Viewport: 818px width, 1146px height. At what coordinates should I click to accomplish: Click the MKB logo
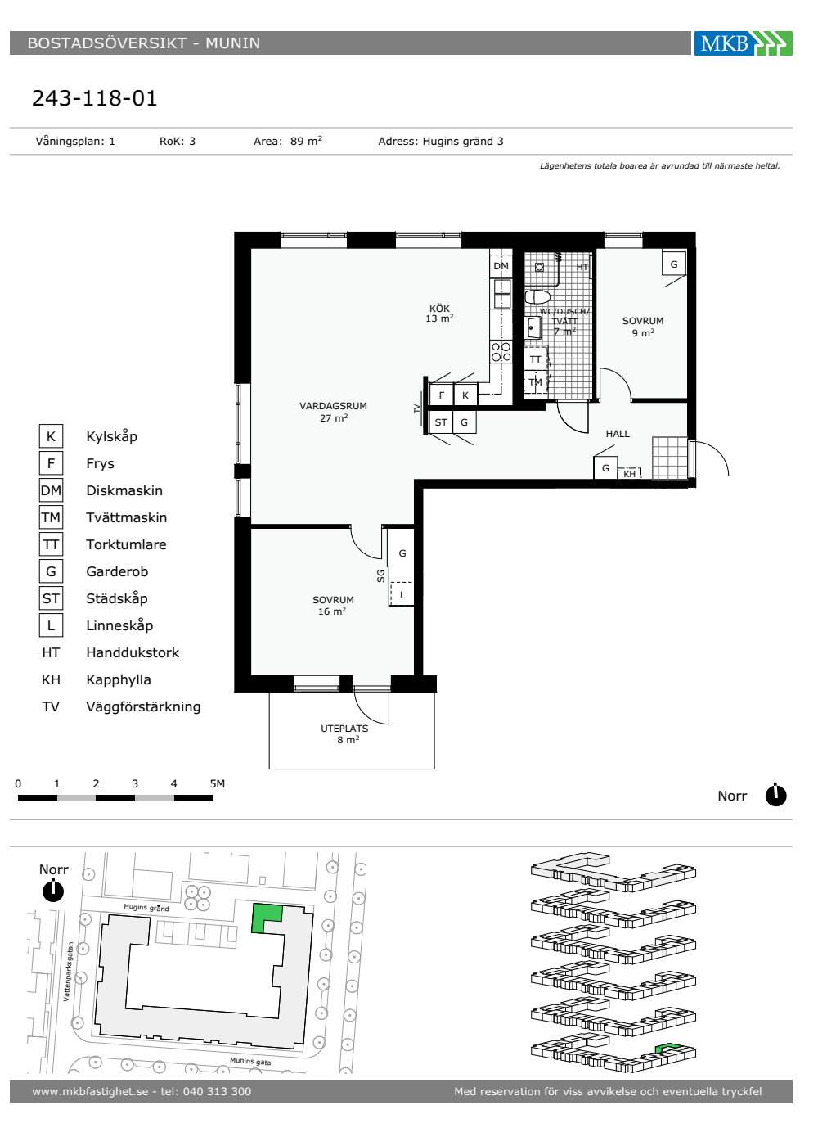coord(743,43)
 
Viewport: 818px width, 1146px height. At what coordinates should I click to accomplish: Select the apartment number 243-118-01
coord(95,97)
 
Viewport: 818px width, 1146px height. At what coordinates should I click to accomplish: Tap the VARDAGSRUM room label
coord(334,406)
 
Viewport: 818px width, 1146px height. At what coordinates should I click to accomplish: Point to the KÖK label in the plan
coord(439,308)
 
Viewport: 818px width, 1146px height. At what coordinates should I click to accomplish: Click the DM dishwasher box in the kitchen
coord(501,265)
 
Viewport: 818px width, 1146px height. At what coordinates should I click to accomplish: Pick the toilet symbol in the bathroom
coord(537,296)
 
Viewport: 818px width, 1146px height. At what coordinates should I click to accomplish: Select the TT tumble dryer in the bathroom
coord(536,359)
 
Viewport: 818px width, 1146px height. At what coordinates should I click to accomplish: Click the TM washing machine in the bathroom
coord(536,382)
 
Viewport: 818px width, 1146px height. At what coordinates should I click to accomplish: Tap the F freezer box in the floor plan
coord(441,395)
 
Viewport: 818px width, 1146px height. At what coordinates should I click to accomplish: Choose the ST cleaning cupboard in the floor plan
coord(441,422)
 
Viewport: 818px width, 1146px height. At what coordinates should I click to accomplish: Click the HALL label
coord(618,434)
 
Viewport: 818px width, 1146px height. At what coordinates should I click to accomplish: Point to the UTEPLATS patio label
coord(344,728)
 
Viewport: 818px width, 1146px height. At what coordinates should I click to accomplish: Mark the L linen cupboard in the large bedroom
coord(402,594)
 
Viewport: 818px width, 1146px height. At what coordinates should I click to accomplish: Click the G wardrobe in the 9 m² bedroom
coord(674,264)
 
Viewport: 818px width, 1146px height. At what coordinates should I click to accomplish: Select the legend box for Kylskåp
coord(51,436)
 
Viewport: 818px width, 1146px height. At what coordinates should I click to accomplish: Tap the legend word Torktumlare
coord(126,544)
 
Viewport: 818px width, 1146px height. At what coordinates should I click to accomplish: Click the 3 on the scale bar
coord(134,783)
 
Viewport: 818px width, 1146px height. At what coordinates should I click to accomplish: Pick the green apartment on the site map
coord(266,918)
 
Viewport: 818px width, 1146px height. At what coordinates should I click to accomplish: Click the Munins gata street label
coord(250,1061)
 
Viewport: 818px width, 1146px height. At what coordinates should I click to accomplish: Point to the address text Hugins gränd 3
coord(463,141)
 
